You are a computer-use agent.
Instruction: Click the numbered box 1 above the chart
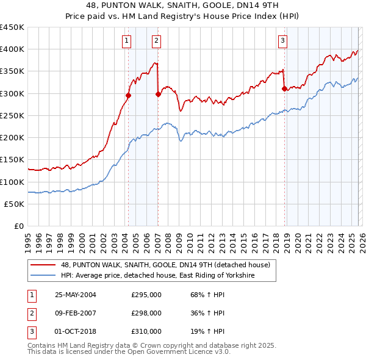click(126, 41)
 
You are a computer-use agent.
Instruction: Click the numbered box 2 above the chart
click(156, 41)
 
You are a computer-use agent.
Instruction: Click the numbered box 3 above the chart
click(283, 41)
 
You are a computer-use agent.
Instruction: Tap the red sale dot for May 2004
click(129, 95)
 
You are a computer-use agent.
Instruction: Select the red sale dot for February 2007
click(158, 94)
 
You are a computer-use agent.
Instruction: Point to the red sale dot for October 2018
click(285, 88)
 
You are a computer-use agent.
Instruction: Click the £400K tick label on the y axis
click(12, 49)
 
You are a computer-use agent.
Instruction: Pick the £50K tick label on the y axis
click(15, 204)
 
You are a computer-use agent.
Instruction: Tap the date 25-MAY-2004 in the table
click(76, 295)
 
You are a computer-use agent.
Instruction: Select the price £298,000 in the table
click(146, 313)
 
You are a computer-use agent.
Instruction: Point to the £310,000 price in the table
click(146, 331)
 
